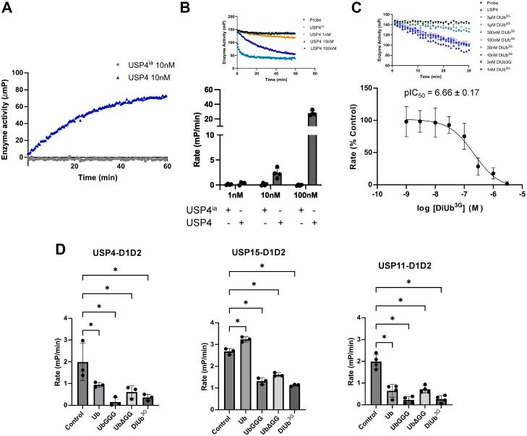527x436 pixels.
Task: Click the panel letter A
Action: (x=7, y=7)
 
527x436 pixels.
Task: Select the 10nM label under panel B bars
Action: (x=273, y=172)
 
